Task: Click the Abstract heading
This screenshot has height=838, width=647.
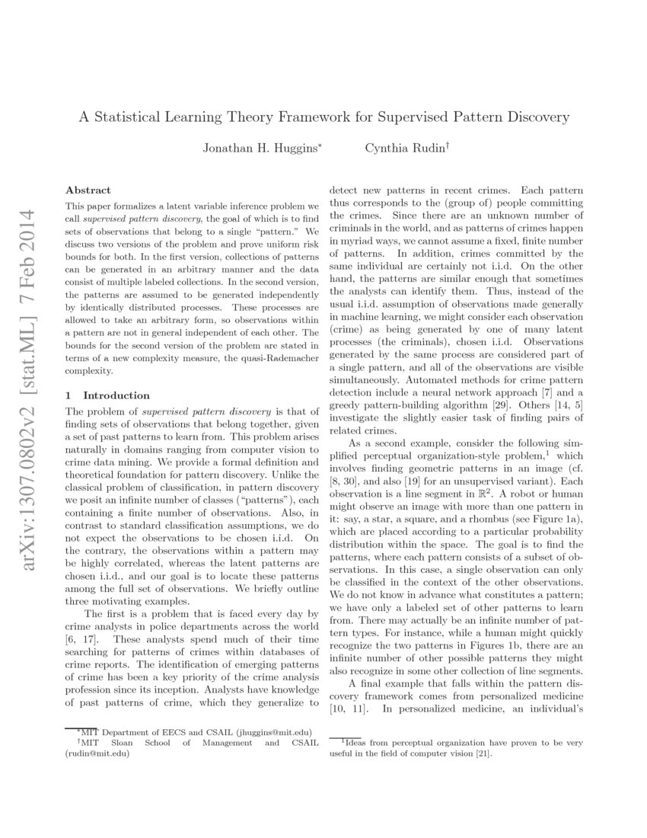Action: pyautogui.click(x=88, y=190)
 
